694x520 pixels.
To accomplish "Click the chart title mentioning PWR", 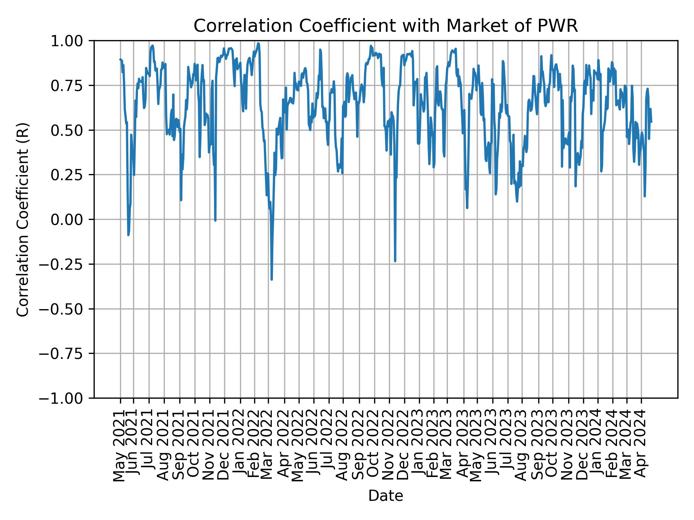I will (386, 26).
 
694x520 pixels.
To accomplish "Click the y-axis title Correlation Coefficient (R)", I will (23, 220).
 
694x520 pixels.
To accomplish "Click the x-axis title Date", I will (386, 496).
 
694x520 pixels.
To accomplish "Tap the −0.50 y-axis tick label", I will (65, 309).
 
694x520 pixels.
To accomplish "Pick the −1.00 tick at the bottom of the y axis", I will (65, 398).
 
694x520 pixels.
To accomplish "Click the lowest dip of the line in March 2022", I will (271, 279).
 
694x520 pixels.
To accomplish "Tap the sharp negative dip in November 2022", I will (395, 261).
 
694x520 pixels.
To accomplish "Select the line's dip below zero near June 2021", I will (128, 235).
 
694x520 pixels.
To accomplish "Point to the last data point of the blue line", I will (651, 122).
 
